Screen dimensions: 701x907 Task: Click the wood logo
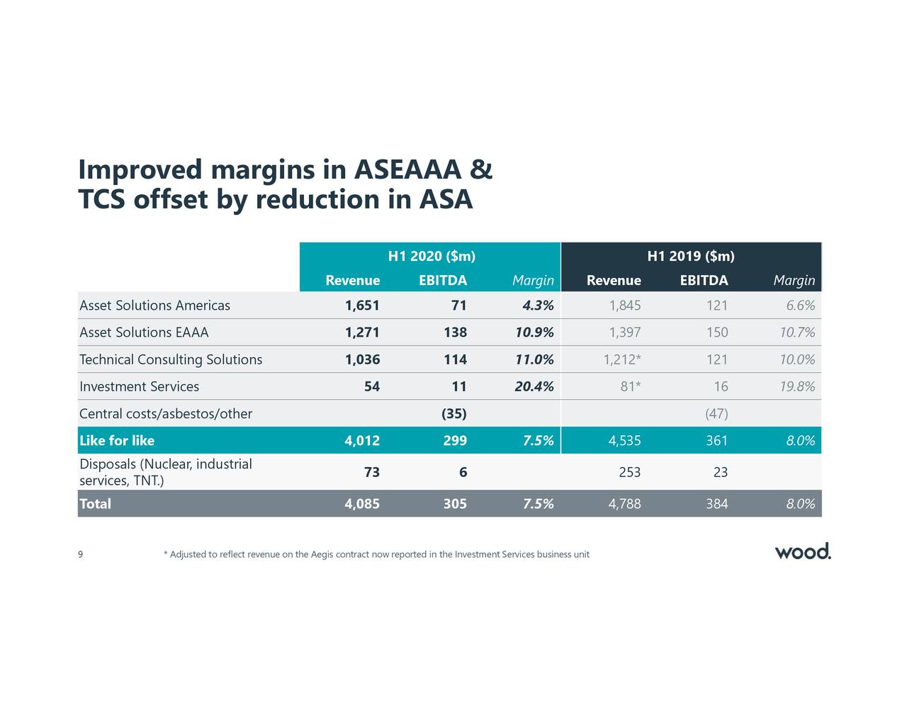pos(802,551)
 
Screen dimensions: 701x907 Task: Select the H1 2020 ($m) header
pos(432,256)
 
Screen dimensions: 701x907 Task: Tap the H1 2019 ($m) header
pos(691,256)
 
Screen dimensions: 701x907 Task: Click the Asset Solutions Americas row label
pos(154,305)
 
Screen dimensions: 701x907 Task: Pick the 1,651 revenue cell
pos(362,305)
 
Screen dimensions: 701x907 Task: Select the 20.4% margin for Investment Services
pos(534,386)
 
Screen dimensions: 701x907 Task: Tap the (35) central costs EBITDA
pos(453,413)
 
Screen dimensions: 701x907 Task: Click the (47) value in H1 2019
pos(716,413)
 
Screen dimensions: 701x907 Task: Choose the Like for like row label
pos(117,441)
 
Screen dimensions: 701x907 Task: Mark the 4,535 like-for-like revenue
pos(624,441)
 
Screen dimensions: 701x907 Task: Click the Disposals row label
pos(165,473)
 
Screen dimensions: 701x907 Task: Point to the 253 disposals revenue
pos(629,473)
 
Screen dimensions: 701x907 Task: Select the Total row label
pos(95,504)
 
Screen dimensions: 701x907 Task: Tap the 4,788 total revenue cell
pos(624,504)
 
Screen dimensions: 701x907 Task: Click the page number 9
pos(81,554)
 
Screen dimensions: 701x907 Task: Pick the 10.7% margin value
pos(796,332)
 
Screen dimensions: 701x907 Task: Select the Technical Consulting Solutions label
pos(171,359)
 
